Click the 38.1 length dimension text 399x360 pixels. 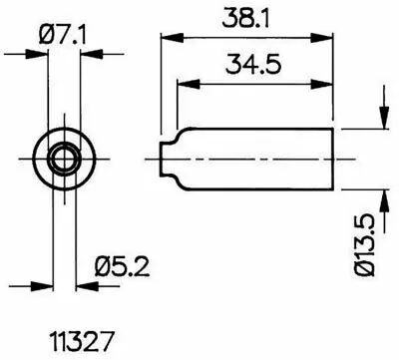tap(245, 18)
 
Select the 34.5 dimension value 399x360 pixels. tap(253, 64)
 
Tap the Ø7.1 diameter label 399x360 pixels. tap(62, 35)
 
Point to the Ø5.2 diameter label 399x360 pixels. tap(122, 266)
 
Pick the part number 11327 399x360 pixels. tap(82, 341)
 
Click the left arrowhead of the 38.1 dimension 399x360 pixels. tap(172, 38)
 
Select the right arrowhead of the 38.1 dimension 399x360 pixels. tap(321, 38)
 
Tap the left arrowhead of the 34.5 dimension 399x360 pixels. tap(189, 84)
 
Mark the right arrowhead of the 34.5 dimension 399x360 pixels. tap(321, 84)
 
